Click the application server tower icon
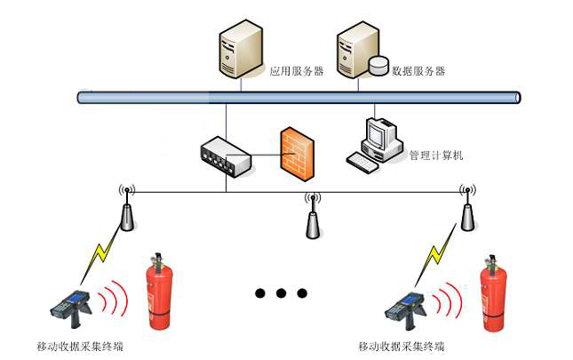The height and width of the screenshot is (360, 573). coord(241,52)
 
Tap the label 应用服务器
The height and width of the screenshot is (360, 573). coord(297,70)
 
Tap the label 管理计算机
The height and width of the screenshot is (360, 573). coord(435,156)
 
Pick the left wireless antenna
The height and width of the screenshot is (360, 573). coord(127,211)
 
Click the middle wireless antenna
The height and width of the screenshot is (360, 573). coord(311,218)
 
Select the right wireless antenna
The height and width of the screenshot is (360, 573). coord(467,211)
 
